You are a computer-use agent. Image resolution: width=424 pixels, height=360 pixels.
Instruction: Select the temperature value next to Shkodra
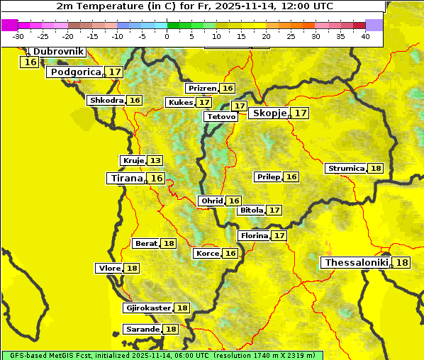point(135,101)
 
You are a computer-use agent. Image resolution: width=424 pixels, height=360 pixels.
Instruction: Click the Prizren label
point(202,89)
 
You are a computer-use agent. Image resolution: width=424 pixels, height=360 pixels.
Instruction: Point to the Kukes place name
point(180,103)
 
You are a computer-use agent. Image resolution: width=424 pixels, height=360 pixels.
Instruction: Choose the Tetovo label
point(221,116)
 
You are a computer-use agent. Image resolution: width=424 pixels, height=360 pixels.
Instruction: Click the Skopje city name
point(269,113)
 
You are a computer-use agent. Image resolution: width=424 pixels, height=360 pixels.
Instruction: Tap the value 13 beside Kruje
point(155,161)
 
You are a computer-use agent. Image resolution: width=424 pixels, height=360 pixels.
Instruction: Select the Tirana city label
point(126,179)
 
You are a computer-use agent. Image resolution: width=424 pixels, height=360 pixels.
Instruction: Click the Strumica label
point(345,169)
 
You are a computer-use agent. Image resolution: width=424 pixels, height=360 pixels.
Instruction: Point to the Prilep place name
point(269,176)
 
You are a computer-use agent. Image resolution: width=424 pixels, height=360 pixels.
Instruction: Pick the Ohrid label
point(212,201)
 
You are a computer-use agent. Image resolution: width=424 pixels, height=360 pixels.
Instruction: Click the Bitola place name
point(251,210)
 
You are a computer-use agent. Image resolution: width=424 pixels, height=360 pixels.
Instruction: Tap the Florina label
point(254,235)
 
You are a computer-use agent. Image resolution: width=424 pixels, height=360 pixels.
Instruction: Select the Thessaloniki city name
point(357,263)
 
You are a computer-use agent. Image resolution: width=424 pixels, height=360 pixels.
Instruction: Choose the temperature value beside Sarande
point(171,330)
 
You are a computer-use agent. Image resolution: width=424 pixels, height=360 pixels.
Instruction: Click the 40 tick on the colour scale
point(365,36)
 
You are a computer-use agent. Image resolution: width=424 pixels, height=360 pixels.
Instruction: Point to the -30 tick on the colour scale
point(19,36)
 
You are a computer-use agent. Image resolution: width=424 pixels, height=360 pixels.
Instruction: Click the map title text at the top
point(194,6)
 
